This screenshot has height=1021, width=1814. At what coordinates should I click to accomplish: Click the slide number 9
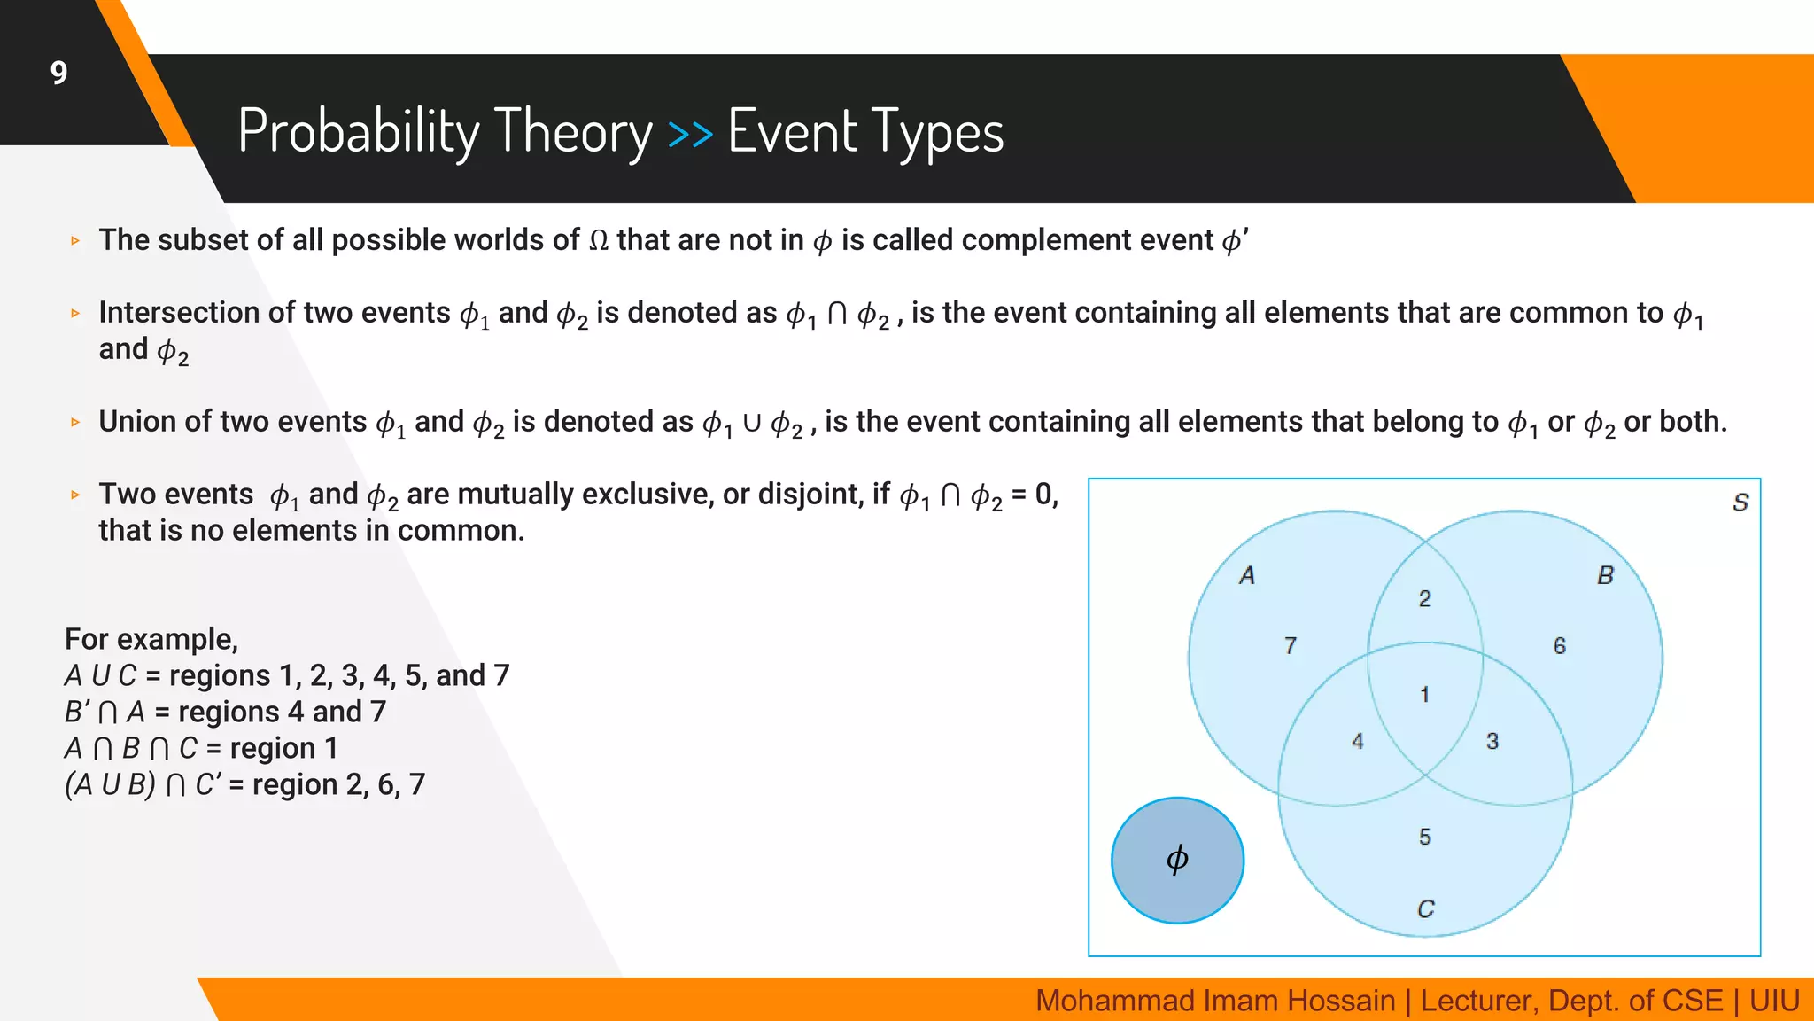point(58,73)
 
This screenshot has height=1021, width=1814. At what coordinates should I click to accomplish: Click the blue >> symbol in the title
point(690,134)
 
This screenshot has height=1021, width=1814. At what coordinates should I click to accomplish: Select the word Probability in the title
point(358,132)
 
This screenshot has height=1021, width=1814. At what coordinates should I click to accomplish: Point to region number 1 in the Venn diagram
point(1424,694)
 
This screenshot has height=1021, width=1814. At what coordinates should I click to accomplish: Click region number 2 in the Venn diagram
point(1424,599)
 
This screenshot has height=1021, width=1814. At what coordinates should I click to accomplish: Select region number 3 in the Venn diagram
point(1492,741)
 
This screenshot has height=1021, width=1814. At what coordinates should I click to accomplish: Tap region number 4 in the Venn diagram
point(1357,741)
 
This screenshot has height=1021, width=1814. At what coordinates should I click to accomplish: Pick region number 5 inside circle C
point(1424,836)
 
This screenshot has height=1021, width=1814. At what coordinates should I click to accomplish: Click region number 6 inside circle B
point(1559,646)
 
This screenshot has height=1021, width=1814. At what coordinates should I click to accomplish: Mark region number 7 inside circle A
point(1291,646)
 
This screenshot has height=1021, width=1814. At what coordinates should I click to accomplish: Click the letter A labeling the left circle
point(1247,576)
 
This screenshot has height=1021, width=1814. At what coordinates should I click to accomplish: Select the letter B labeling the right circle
point(1605,576)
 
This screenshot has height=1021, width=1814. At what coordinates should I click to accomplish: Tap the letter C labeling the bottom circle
point(1425,909)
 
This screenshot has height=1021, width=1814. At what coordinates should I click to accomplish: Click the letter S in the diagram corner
point(1740,503)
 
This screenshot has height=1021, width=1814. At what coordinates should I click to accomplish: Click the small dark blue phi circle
point(1177,860)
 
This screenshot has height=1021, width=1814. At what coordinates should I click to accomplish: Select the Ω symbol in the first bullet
point(599,241)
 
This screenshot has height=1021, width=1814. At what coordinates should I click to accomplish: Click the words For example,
point(151,639)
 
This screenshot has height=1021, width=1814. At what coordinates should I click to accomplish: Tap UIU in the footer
point(1773,1001)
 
